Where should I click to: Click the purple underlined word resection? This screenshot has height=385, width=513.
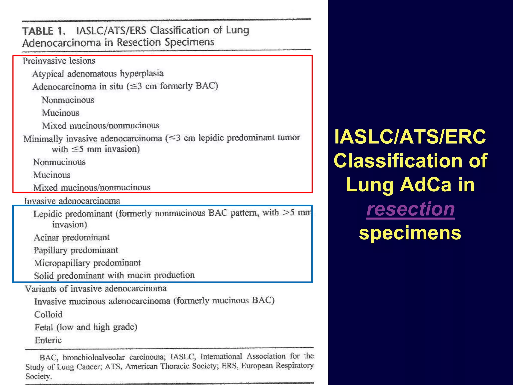click(x=410, y=209)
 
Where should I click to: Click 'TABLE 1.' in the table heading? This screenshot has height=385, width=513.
click(x=44, y=31)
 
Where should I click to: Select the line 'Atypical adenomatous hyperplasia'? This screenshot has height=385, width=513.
click(x=98, y=74)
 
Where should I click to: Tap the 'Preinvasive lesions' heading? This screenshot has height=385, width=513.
click(x=59, y=61)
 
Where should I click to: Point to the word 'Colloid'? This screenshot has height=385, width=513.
click(x=48, y=314)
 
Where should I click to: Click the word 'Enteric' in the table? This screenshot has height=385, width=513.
click(x=48, y=340)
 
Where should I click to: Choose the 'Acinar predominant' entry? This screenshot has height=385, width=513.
click(x=72, y=237)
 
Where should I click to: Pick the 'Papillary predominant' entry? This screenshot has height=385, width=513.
click(x=76, y=250)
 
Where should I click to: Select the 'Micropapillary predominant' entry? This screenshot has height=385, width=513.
click(x=87, y=263)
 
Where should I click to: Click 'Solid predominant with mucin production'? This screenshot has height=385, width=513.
click(x=114, y=275)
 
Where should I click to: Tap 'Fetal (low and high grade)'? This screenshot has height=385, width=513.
click(x=86, y=327)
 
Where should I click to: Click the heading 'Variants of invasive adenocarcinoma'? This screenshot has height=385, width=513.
click(x=95, y=288)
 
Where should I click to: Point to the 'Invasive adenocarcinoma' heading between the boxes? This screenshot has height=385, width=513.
click(x=72, y=201)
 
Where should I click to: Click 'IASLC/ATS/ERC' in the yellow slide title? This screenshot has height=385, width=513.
click(x=410, y=137)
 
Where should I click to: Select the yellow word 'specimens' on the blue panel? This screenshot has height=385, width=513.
click(x=410, y=233)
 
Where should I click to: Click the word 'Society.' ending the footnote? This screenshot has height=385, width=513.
click(x=39, y=376)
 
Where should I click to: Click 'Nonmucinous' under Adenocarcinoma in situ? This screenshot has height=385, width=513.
click(x=68, y=100)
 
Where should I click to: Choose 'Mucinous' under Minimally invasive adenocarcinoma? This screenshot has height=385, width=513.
click(x=52, y=175)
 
